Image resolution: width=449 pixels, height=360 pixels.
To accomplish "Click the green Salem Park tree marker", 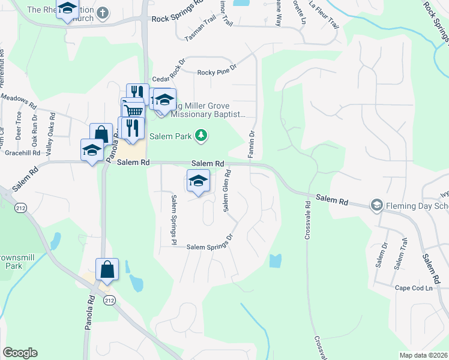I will click(x=202, y=136).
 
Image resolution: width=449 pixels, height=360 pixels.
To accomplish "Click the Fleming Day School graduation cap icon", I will click(x=376, y=205).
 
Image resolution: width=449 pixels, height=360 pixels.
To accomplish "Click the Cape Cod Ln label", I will click(x=414, y=288).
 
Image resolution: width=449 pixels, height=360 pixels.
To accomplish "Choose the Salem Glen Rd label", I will click(x=227, y=190).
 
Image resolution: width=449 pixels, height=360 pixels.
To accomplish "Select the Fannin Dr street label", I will click(x=252, y=145).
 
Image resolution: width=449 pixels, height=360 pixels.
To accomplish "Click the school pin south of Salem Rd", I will click(x=198, y=181).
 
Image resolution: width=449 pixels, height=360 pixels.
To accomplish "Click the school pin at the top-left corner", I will click(x=68, y=9).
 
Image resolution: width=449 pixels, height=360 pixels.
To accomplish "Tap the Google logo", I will click(x=20, y=353).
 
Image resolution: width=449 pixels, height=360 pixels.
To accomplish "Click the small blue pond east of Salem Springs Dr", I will click(x=276, y=261).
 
